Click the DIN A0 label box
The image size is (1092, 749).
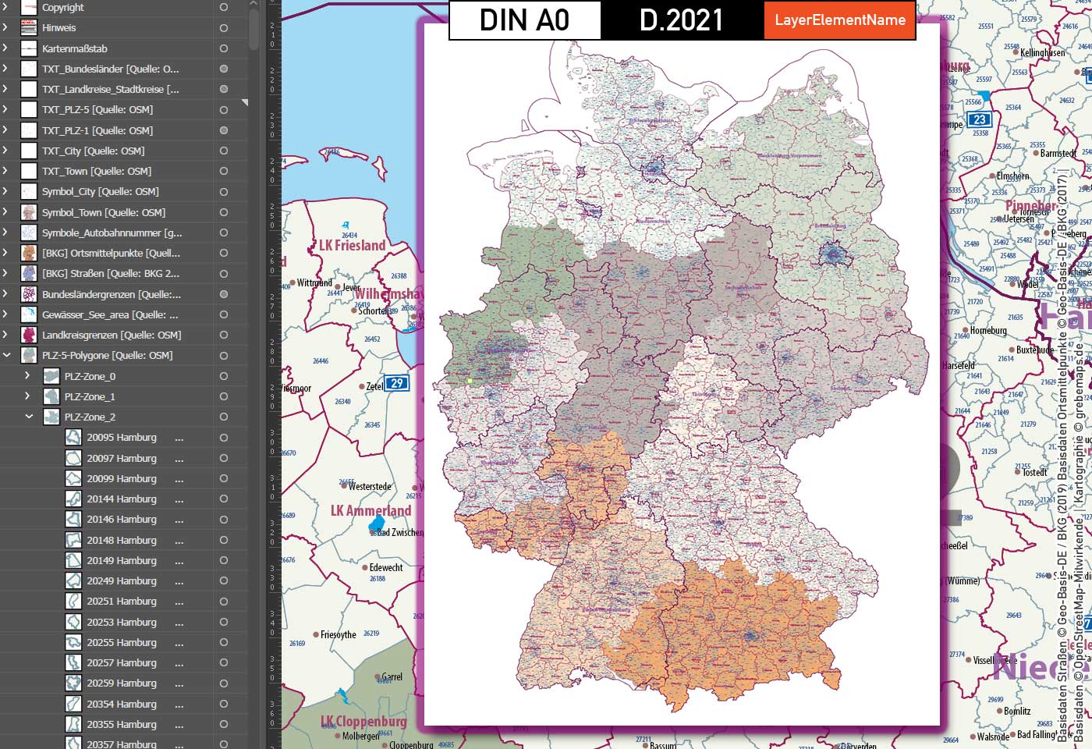coord(524,20)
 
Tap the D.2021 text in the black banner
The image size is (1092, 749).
coord(681,20)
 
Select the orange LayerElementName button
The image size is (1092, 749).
coord(839,20)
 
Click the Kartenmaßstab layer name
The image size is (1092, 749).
coord(75,48)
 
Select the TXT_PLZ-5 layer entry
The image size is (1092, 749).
coord(97,110)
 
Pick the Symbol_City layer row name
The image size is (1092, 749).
coord(100,192)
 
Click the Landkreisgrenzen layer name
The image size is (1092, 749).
coord(112,335)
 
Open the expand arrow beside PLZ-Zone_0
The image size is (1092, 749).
coord(27,376)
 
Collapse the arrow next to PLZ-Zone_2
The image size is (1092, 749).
coord(29,417)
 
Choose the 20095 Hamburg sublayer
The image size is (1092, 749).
coord(122,438)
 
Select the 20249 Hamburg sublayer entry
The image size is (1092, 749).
coord(122,581)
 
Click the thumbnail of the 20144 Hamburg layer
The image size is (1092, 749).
coord(73,499)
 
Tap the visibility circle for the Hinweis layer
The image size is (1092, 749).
coord(224,28)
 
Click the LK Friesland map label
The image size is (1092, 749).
coord(353,246)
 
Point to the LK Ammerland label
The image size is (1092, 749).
coord(370,511)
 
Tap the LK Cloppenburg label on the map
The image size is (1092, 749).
coord(363,722)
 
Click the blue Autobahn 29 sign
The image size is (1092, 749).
coord(397,383)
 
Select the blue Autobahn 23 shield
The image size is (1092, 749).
coord(979,119)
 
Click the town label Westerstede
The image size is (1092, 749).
coord(370,487)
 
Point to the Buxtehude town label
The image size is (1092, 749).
coord(1035,350)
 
